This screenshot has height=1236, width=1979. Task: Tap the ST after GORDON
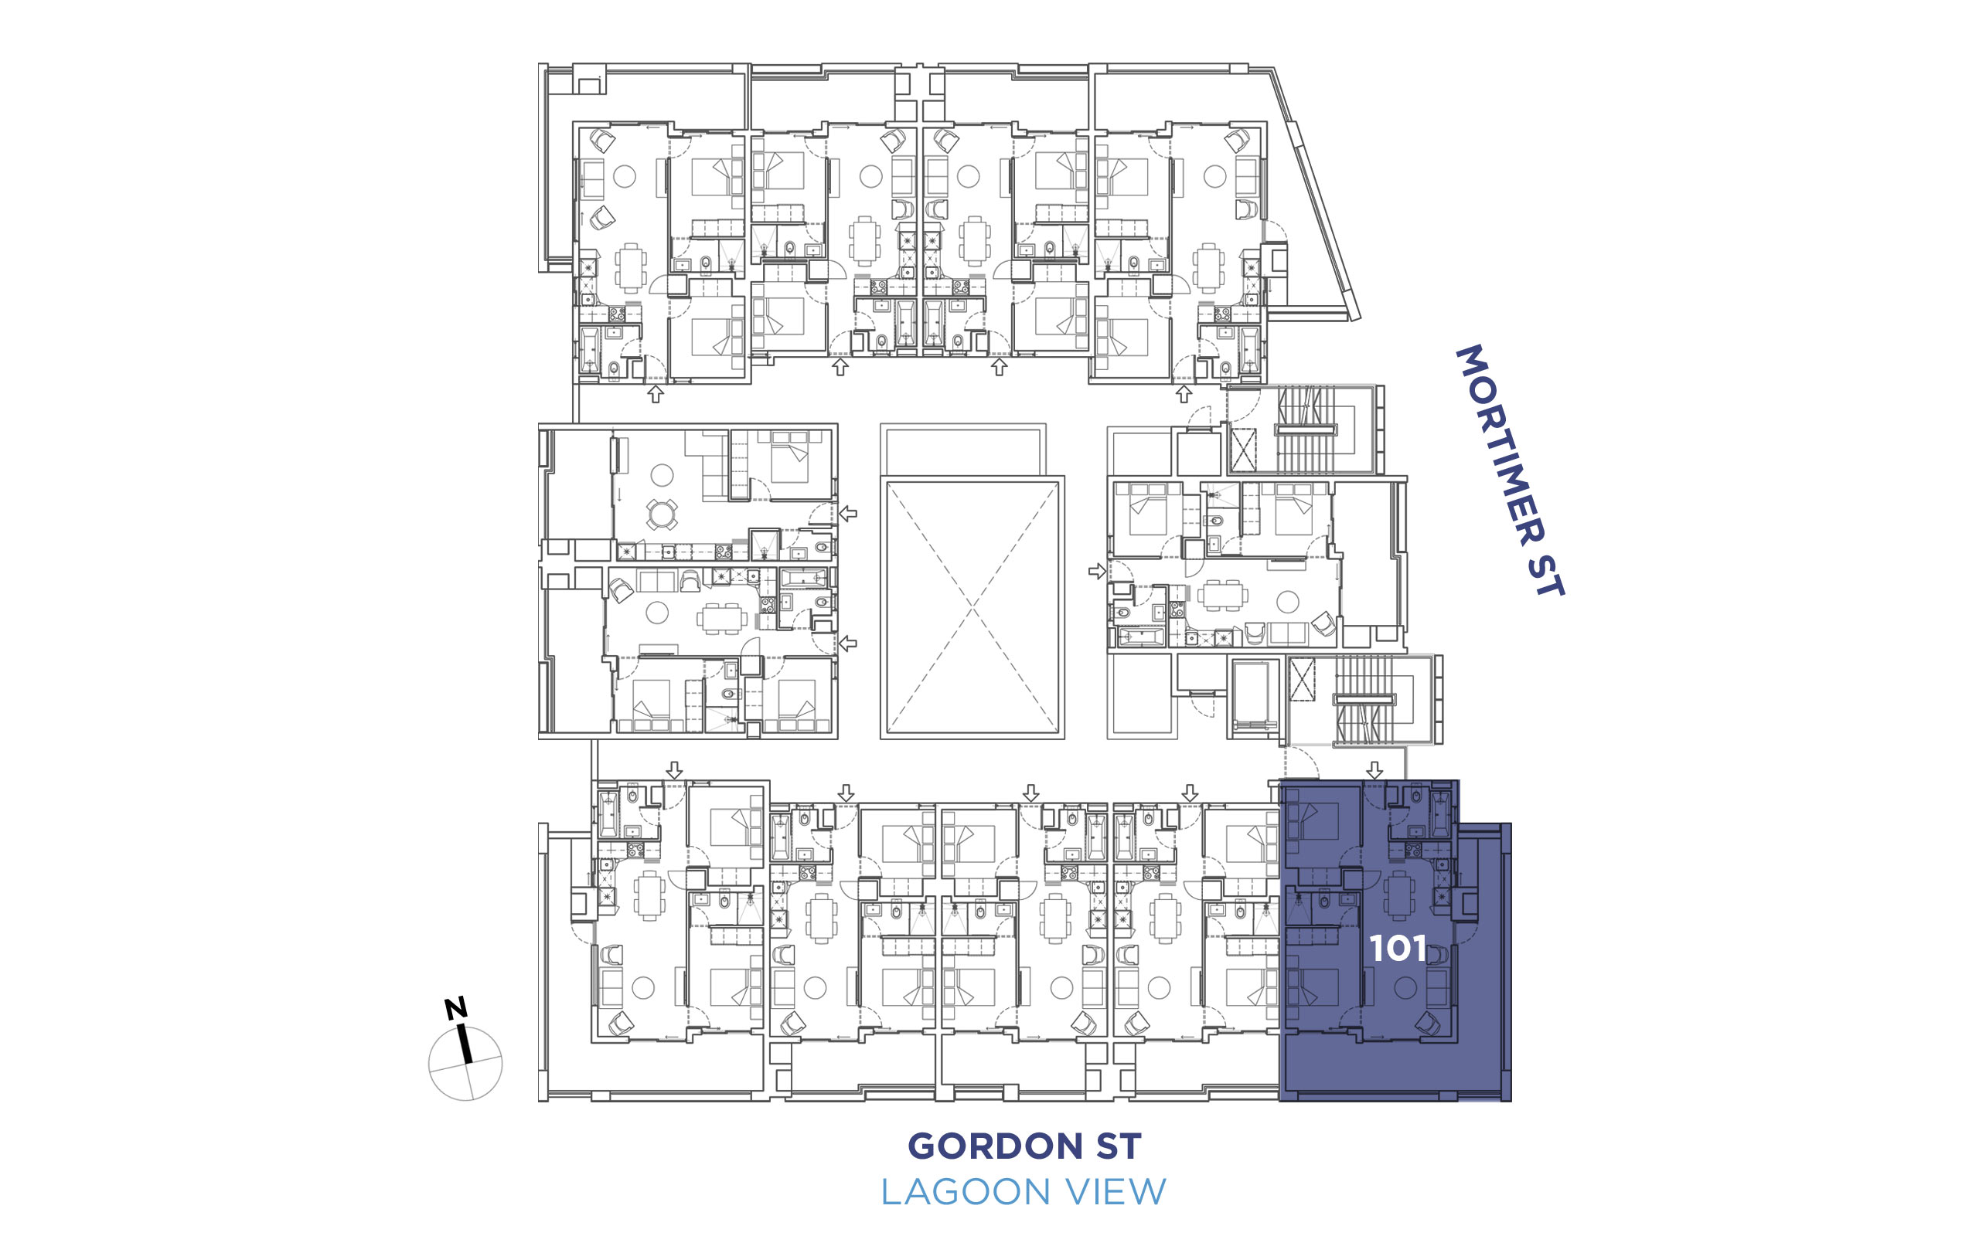click(1119, 1146)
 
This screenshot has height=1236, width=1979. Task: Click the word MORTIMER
click(1500, 446)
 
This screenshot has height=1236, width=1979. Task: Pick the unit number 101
click(1398, 949)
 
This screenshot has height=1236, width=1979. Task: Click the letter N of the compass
click(455, 1008)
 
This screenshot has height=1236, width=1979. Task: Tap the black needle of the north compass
click(465, 1044)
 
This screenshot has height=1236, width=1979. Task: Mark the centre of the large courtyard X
click(972, 607)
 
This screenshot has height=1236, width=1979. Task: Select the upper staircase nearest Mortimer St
click(1306, 430)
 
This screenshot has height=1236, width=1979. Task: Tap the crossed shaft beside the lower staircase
click(1302, 679)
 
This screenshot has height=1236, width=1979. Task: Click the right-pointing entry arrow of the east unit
click(1098, 572)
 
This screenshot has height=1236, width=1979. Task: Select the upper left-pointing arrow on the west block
click(848, 514)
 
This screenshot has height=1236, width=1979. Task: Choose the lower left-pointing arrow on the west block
click(848, 643)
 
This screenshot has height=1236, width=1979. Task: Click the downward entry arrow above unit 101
click(1374, 770)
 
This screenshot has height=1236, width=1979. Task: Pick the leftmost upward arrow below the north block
click(655, 395)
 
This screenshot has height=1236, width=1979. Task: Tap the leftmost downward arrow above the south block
click(674, 770)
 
